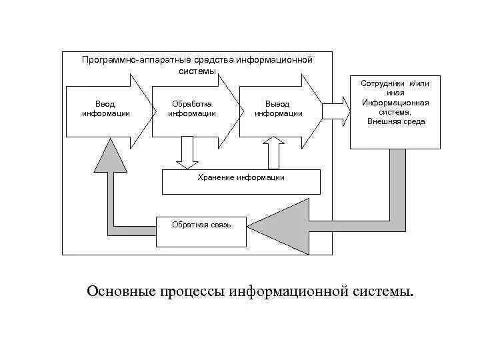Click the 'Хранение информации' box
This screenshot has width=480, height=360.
[x=241, y=181]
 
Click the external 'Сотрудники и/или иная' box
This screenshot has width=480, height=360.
[x=395, y=112]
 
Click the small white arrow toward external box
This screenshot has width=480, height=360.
[x=337, y=109]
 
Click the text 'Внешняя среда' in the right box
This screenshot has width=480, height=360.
[x=395, y=122]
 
